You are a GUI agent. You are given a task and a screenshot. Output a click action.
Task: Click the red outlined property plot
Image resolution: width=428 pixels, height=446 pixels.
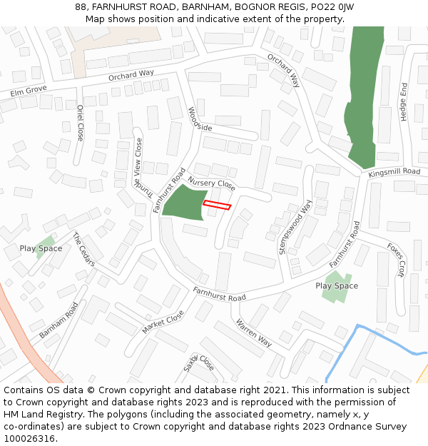click(x=217, y=206)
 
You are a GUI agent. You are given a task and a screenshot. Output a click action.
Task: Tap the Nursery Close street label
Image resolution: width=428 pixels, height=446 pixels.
click(x=212, y=184)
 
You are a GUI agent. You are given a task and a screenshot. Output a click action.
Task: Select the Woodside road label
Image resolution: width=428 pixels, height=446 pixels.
click(x=200, y=119)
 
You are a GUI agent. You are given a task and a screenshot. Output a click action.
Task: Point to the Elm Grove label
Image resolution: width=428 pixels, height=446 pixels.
click(x=29, y=91)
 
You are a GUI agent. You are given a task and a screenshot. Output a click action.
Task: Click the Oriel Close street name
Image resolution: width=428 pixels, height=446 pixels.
click(x=79, y=123)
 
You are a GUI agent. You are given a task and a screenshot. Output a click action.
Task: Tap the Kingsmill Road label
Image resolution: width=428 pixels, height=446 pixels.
click(x=394, y=173)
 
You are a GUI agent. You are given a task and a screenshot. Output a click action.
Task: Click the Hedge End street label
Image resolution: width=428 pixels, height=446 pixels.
click(x=404, y=101)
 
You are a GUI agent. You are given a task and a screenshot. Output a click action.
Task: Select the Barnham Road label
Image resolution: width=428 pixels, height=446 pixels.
click(x=58, y=320)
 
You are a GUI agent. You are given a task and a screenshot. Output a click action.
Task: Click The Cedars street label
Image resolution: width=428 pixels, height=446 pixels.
click(x=83, y=249)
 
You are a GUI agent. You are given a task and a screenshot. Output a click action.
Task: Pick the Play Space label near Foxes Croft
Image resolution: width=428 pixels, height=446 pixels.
click(x=337, y=286)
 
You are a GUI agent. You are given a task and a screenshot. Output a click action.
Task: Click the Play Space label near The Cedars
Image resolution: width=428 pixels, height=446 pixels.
click(x=41, y=248)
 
